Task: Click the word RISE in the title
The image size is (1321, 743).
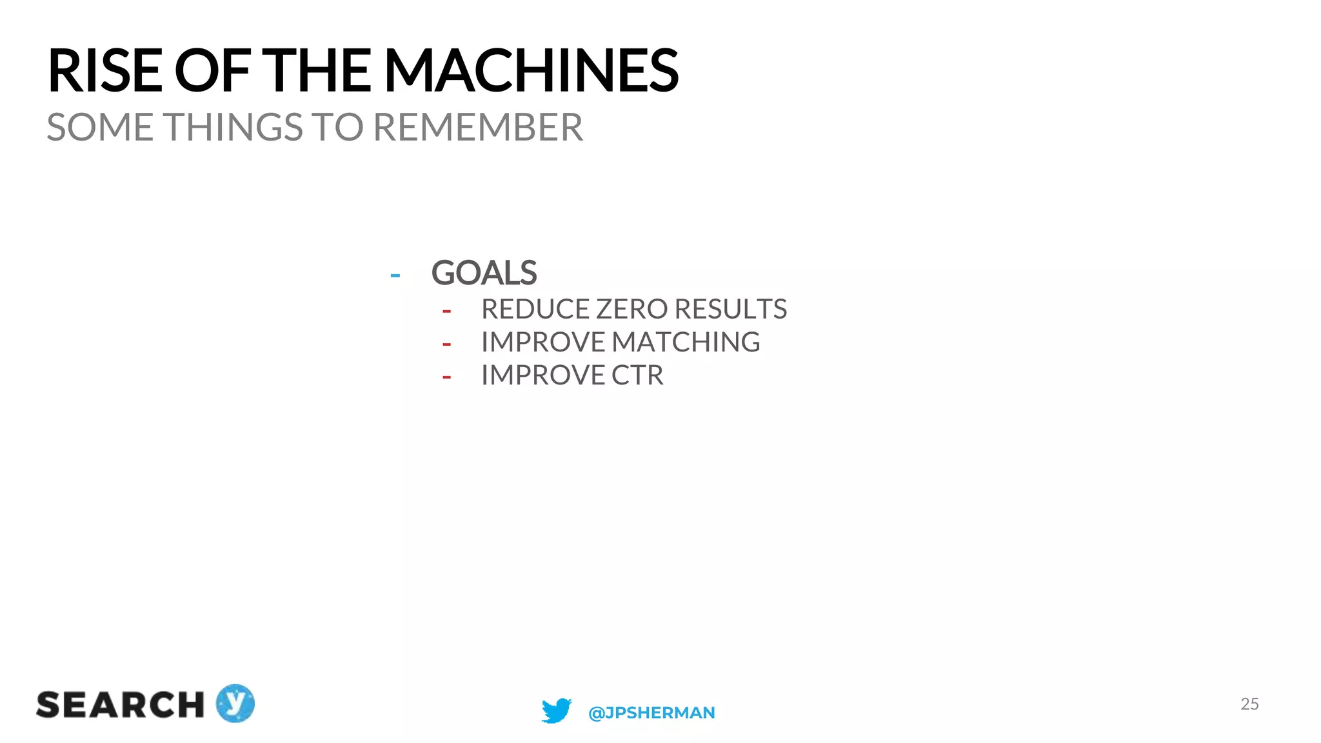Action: [104, 71]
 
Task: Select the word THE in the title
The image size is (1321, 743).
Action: [319, 71]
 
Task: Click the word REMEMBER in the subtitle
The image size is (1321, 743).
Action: [478, 127]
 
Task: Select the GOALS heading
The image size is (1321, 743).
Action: [484, 273]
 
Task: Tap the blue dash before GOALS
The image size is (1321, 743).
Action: [395, 276]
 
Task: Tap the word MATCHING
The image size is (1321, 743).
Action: [686, 342]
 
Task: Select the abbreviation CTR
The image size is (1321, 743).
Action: [637, 375]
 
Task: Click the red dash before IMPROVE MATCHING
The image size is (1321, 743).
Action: [446, 344]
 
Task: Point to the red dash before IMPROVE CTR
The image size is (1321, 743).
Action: [446, 377]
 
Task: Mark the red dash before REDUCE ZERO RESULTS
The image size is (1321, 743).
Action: [446, 312]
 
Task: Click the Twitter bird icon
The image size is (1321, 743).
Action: [556, 711]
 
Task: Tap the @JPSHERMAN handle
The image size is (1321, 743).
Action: [651, 713]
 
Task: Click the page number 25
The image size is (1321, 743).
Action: [1249, 704]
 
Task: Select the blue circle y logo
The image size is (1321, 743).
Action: [235, 703]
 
